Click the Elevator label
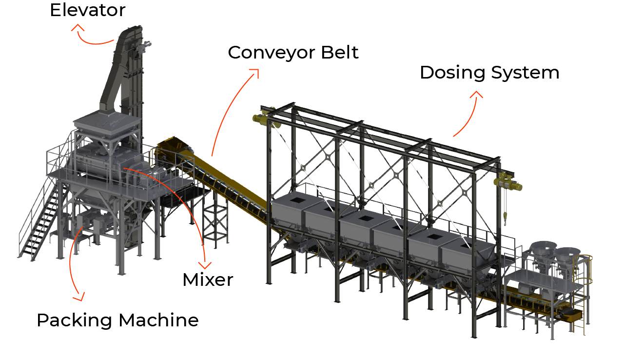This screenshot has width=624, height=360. click(x=87, y=10)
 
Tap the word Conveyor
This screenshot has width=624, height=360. click(x=272, y=53)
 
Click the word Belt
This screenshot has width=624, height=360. click(x=340, y=52)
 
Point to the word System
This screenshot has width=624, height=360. click(x=525, y=73)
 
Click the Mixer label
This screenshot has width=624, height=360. click(x=208, y=280)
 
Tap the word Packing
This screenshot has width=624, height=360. click(x=75, y=320)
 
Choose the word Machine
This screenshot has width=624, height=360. click(x=158, y=320)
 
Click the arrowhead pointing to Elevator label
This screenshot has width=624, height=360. click(x=78, y=27)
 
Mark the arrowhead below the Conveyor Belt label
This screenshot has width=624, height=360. click(x=255, y=73)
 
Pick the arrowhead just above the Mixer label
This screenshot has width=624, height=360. click(x=205, y=265)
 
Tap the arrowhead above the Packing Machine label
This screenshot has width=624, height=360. click(x=79, y=297)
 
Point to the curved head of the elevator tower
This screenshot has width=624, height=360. click(x=130, y=34)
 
